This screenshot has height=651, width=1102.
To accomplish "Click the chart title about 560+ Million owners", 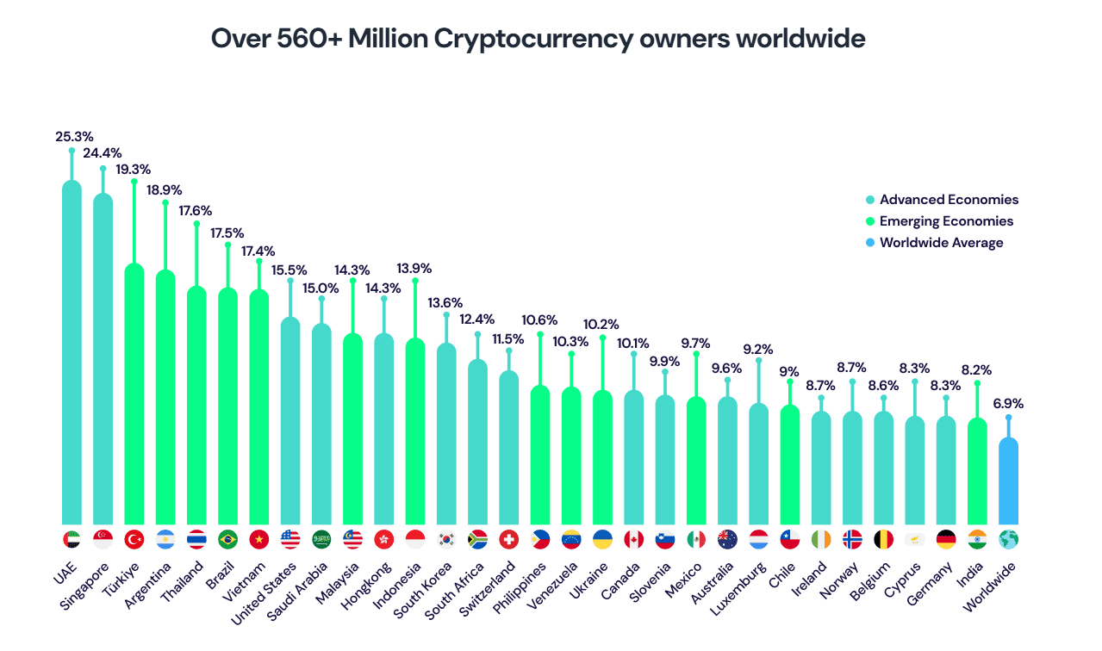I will click(539, 40).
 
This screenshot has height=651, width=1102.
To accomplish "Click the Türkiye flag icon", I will click(134, 540).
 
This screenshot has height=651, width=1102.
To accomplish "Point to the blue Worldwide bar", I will click(1008, 482).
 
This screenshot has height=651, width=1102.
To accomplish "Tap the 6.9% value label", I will click(1007, 403).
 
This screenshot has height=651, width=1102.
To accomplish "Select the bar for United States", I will click(290, 422).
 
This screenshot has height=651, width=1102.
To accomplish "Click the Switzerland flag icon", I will click(508, 540).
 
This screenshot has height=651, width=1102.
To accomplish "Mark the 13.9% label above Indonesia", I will click(414, 269).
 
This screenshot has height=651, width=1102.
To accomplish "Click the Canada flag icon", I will click(633, 540).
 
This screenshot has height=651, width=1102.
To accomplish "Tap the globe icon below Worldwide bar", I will click(1008, 540).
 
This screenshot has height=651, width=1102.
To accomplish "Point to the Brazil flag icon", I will click(227, 540).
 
